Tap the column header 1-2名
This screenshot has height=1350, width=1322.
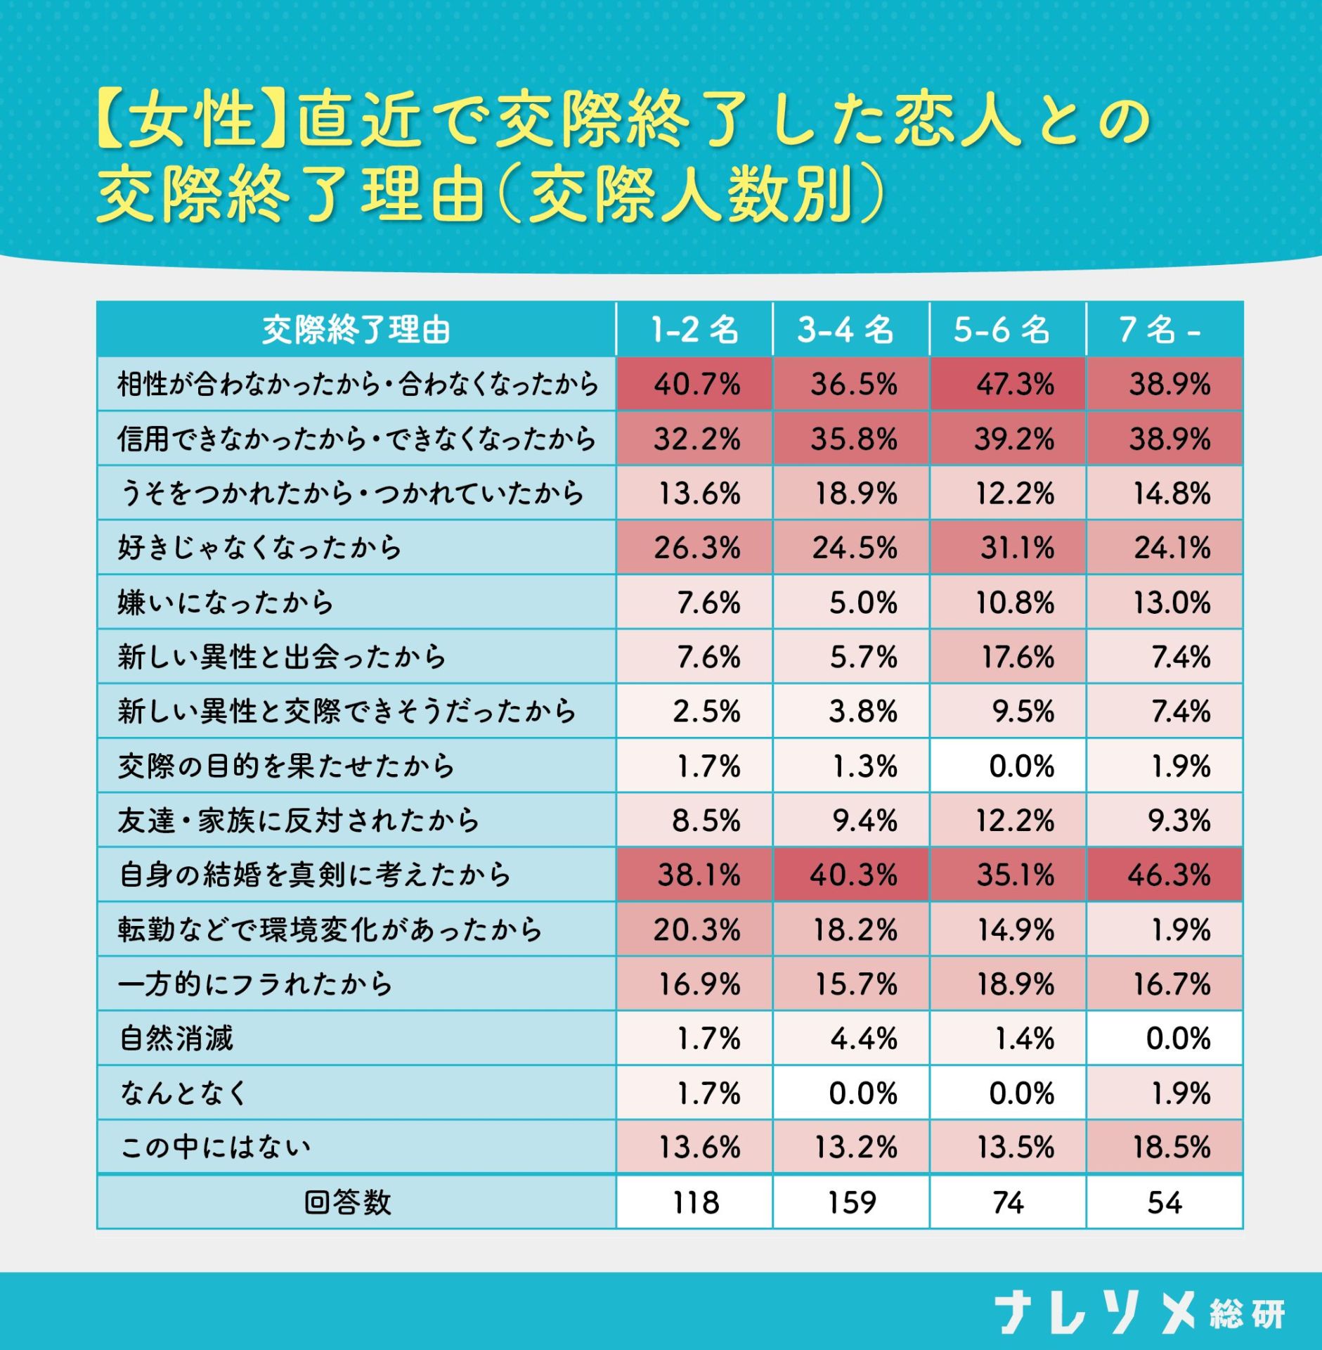point(694,330)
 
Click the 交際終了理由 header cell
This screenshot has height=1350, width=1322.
point(356,330)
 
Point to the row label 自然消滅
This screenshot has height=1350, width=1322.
point(176,1039)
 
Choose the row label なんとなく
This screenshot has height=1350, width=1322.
point(183,1093)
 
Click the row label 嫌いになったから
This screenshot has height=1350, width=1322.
point(225,603)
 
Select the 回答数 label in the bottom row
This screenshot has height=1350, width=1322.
point(347,1203)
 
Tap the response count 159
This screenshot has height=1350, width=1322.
point(852,1203)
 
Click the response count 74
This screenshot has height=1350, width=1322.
point(1008,1203)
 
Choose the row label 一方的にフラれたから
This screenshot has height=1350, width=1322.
point(255,984)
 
